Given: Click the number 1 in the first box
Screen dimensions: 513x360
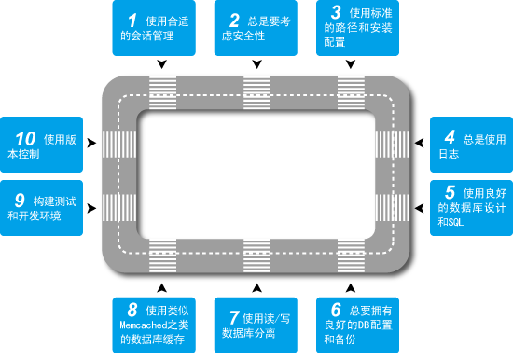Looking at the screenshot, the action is coord(132,21).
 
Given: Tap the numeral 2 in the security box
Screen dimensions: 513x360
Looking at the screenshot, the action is coord(234,21).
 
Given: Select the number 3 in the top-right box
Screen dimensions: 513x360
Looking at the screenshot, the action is coord(336,12).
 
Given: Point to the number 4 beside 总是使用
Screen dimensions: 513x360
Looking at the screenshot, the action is coord(450,137).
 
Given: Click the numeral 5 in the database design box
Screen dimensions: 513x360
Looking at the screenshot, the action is coord(450,192).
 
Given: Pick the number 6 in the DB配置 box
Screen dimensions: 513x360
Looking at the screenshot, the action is coord(336,310).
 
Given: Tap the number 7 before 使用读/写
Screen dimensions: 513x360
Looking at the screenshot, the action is coord(234,317).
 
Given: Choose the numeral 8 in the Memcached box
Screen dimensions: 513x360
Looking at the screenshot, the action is coord(132,310).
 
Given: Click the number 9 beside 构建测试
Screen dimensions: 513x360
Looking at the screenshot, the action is coord(20,200).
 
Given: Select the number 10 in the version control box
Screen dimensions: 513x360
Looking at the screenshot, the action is coord(25,139).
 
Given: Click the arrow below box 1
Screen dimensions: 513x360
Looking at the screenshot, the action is coord(162,63).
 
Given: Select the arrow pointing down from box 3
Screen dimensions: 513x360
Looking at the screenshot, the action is coord(351,63).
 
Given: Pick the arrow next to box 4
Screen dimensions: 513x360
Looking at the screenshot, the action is coord(419,143).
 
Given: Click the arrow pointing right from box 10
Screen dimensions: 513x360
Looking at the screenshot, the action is coord(91,143).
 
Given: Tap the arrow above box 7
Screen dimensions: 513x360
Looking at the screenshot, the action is coord(257,288).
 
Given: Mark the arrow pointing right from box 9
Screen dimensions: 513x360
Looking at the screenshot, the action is coord(91,208).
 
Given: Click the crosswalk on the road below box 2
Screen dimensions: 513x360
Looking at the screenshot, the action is coord(257,92).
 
